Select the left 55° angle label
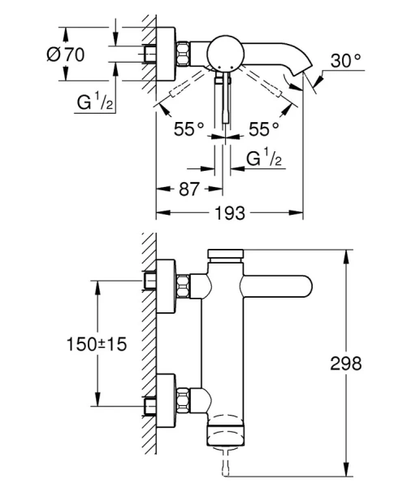[x=188, y=128]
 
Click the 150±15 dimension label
[x=97, y=345]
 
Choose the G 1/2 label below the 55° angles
[x=264, y=156]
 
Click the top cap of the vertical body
[x=227, y=255]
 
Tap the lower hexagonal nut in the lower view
[x=186, y=399]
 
